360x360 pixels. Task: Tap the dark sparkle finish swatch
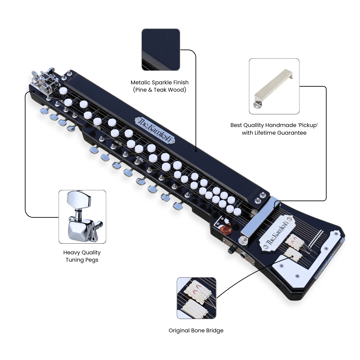[x=161, y=50]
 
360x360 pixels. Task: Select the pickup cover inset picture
[x=274, y=86]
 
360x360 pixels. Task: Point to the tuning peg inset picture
[x=82, y=217]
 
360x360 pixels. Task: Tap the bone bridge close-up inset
[x=196, y=298]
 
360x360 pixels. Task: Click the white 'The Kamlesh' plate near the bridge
[x=277, y=233]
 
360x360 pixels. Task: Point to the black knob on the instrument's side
[x=232, y=249]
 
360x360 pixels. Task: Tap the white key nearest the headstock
[x=63, y=90]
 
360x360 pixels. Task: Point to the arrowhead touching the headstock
[x=34, y=92]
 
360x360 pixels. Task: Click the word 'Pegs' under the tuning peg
[x=92, y=260]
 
